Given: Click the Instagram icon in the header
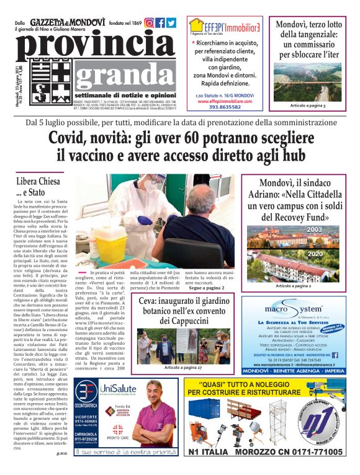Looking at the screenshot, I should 149,23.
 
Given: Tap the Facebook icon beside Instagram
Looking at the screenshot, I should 160,23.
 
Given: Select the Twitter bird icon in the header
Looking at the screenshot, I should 171,23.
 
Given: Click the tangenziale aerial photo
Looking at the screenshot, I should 308,79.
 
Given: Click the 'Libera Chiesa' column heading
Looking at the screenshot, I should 38,182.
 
